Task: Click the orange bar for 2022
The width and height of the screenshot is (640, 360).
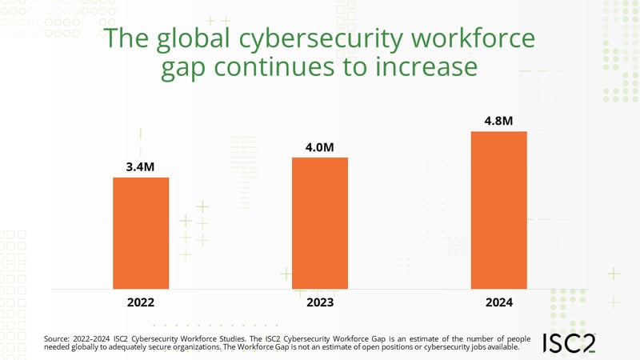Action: pos(140,232)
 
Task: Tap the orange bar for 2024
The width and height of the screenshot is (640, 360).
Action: pos(498,210)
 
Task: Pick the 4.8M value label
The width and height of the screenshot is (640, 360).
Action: pos(498,121)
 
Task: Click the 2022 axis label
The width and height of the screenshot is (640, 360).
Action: pos(140,303)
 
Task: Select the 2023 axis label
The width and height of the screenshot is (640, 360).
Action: pos(319,303)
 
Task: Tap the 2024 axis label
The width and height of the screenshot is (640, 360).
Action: pos(498,303)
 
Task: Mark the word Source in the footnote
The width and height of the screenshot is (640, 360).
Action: pos(58,339)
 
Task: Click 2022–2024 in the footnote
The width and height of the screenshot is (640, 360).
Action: pos(96,339)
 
